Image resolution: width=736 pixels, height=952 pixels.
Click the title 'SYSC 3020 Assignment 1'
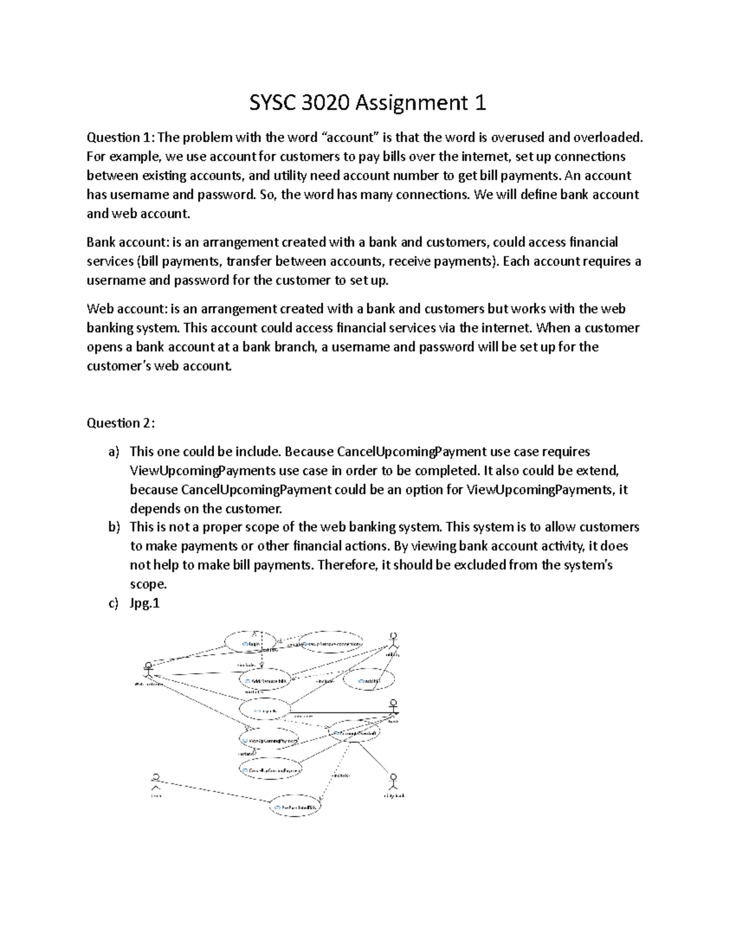367,102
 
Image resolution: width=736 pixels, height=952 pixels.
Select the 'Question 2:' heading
121,423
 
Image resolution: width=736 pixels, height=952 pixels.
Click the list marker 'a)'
113,452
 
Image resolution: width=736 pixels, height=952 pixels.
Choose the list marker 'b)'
113,527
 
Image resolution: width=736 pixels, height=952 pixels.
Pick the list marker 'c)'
113,603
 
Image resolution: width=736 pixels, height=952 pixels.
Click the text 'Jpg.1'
145,603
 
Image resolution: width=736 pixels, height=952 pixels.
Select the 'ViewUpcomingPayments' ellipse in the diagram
269,741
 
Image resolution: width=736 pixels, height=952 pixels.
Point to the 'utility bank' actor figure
393,782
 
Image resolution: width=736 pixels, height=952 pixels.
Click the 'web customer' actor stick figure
147,669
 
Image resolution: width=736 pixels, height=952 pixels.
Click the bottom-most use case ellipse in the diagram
296,807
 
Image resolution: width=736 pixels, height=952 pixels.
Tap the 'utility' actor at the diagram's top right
393,641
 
